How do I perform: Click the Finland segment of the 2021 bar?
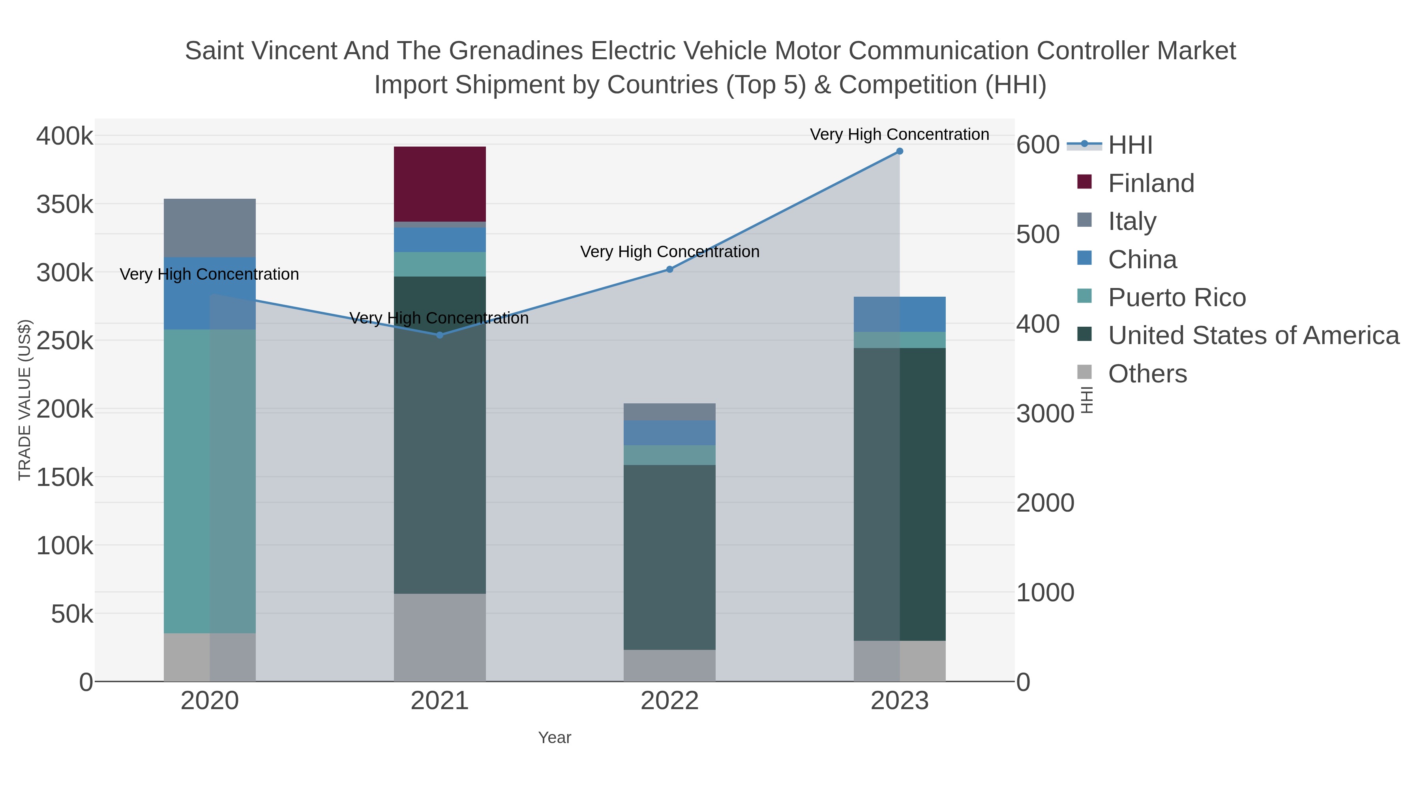[440, 184]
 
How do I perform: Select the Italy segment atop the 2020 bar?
[210, 228]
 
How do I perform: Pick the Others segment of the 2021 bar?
[440, 637]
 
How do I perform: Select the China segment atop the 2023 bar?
[922, 314]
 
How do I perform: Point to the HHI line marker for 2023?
[899, 151]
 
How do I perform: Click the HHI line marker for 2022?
[669, 269]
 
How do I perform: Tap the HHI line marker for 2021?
[440, 335]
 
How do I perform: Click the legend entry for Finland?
[1150, 183]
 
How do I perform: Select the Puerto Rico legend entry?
[1176, 297]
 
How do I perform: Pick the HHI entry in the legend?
[1130, 145]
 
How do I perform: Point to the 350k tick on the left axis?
[65, 205]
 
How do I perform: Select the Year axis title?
[555, 738]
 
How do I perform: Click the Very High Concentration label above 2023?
[899, 134]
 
